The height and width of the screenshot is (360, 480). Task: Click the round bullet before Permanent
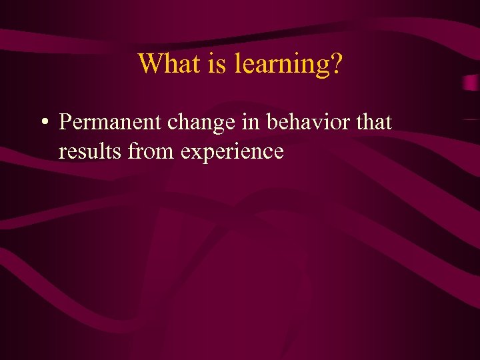tap(43, 123)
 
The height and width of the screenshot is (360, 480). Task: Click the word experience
tap(232, 153)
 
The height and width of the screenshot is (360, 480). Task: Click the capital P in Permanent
tap(65, 123)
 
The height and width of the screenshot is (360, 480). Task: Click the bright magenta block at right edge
tap(471, 83)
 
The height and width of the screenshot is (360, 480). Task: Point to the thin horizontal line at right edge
tap(471, 119)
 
